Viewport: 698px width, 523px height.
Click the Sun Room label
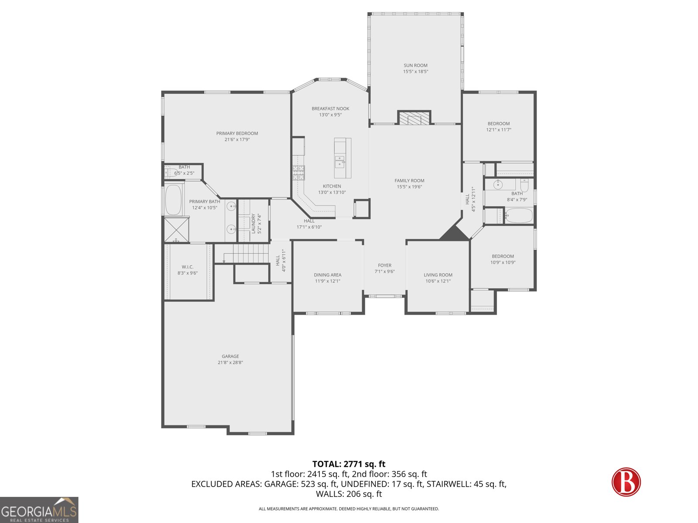pyautogui.click(x=415, y=65)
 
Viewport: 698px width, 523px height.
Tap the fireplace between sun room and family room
pyautogui.click(x=414, y=118)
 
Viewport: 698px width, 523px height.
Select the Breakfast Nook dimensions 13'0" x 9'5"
pyautogui.click(x=330, y=115)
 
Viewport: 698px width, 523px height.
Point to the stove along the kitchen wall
pyautogui.click(x=298, y=173)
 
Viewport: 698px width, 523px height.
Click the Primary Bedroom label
pyautogui.click(x=237, y=133)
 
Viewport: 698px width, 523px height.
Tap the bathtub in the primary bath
pyautogui.click(x=174, y=200)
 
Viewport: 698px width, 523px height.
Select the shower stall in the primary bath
pyautogui.click(x=177, y=229)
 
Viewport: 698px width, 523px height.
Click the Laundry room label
pyautogui.click(x=253, y=223)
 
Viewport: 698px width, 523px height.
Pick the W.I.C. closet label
pyautogui.click(x=188, y=267)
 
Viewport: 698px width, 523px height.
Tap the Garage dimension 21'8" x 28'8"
pyautogui.click(x=230, y=363)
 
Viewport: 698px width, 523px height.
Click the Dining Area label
pyautogui.click(x=328, y=275)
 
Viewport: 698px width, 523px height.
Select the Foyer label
pyautogui.click(x=385, y=265)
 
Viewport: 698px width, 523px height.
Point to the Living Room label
pyautogui.click(x=438, y=275)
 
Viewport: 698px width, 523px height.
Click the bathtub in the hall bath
pyautogui.click(x=519, y=215)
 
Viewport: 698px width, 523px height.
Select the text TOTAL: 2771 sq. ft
pyautogui.click(x=349, y=464)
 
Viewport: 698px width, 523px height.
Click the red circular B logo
pyautogui.click(x=626, y=482)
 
